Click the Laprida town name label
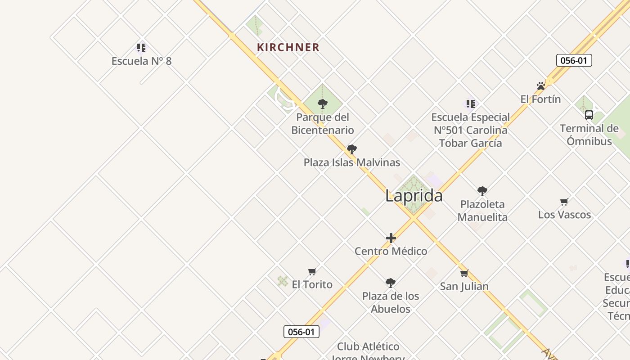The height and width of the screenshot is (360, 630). tap(414, 196)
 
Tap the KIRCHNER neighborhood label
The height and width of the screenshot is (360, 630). tap(288, 47)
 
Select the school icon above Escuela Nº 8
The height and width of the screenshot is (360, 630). tap(141, 47)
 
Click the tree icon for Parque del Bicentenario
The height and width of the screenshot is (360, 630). tap(322, 104)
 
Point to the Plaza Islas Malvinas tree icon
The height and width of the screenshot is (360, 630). tap(352, 149)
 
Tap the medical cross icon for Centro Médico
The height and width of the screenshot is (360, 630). tap(391, 238)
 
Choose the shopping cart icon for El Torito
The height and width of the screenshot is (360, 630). tap(312, 271)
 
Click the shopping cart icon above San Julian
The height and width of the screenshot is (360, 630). tap(464, 273)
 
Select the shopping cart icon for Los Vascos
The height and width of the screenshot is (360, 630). tap(564, 202)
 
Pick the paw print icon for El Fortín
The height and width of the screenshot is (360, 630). tap(541, 85)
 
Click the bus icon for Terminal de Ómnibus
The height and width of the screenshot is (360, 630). tap(589, 115)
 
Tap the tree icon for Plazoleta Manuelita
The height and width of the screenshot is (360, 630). tap(482, 191)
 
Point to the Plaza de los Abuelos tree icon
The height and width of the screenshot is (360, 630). tap(391, 283)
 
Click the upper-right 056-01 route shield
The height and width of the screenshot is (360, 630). tap(574, 60)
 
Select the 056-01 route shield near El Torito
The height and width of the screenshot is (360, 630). tap(301, 332)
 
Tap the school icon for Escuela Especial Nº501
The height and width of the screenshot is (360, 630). tap(471, 104)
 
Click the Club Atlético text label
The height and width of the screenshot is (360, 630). tap(368, 346)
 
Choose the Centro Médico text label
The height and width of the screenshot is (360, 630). tap(391, 251)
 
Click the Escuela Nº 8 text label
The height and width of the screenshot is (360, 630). tap(141, 61)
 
